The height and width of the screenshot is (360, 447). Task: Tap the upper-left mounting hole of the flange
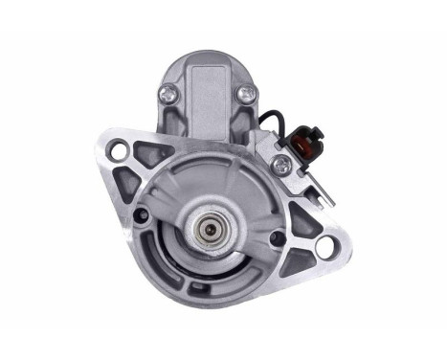120,151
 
